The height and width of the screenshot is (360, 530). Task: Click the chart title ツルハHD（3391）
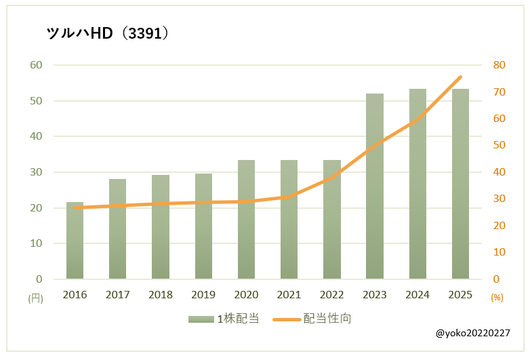107,33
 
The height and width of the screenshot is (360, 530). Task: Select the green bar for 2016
75,241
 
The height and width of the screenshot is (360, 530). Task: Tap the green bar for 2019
203,226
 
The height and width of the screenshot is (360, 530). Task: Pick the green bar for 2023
375,186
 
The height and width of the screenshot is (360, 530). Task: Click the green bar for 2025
460,184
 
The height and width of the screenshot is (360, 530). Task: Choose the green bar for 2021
289,220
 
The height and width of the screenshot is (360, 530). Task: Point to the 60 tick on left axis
35,65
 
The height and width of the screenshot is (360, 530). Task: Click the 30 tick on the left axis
35,172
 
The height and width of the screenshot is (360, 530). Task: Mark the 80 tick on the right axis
500,65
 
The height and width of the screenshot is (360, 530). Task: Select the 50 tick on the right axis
500,145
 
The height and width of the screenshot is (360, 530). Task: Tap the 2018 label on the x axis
161,295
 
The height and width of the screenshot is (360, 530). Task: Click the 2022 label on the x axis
332,295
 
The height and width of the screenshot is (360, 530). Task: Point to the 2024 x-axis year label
417,295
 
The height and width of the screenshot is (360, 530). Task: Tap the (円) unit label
35,298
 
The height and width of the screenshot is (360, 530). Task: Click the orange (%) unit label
497,298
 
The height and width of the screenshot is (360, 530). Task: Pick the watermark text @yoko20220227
473,334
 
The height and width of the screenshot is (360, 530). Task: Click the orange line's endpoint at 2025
461,77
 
